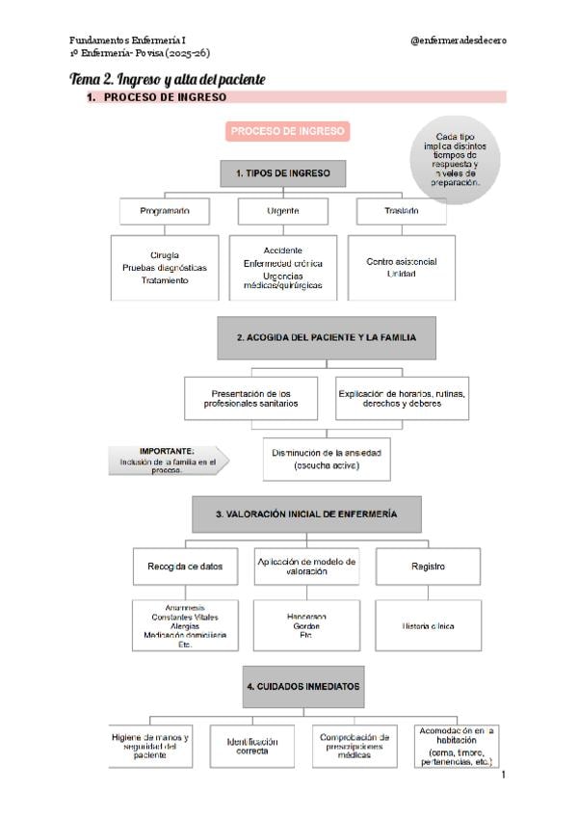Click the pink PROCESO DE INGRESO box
pos(288,131)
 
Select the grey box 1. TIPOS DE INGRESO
pos(282,173)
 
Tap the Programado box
pos(164,210)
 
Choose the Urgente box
pos(282,210)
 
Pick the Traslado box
pos(401,210)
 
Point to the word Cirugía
pos(165,254)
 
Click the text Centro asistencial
pos(402,261)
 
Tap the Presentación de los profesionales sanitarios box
pos(250,398)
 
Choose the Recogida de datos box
pos(186,567)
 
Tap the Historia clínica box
pos(429,626)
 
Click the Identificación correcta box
pos(252,745)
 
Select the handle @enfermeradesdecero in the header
pos(458,40)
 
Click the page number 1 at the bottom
pos(503,774)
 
